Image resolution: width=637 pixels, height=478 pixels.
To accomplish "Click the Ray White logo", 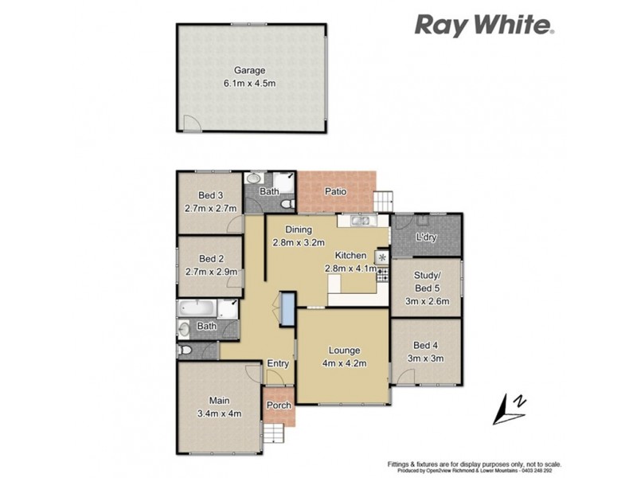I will tap(483, 25).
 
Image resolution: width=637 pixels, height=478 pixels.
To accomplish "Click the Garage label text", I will tap(249, 70).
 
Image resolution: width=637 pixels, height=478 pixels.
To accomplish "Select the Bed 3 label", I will tap(209, 196).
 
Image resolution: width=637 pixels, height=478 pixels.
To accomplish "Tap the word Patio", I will tap(334, 191).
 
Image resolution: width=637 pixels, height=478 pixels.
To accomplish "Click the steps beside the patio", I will tap(385, 200).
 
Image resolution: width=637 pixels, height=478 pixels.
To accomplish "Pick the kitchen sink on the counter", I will tap(361, 221).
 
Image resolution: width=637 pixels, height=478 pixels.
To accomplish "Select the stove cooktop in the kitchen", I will tap(382, 275).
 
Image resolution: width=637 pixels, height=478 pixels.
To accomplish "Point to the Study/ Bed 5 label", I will tap(427, 283).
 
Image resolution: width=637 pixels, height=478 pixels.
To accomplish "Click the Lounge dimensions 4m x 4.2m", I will tap(343, 363).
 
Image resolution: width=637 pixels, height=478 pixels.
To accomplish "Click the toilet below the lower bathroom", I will tap(188, 351).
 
